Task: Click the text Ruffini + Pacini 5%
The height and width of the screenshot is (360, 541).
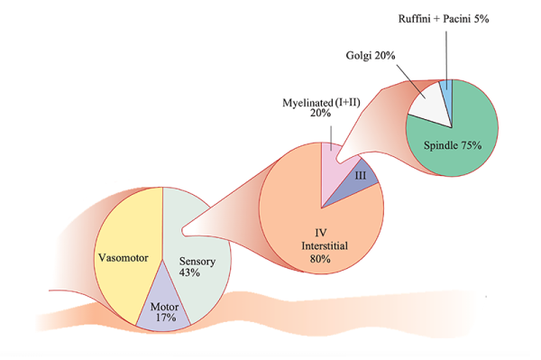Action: pos(445,18)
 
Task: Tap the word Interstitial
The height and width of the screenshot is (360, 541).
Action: pos(321,245)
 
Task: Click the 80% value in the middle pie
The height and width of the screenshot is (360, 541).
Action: pos(321,259)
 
